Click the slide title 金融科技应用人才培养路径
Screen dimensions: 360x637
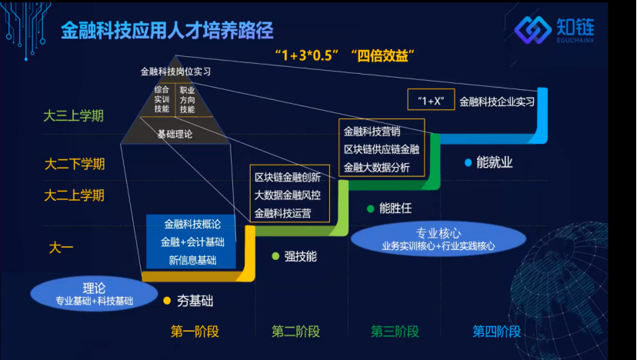[168, 30]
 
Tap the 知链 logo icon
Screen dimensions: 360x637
[532, 31]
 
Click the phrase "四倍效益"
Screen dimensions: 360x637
[382, 56]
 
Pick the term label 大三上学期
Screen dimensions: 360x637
[74, 116]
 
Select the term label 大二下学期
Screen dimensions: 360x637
[74, 164]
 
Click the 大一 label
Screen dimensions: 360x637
[61, 247]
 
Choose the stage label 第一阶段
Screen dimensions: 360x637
[195, 332]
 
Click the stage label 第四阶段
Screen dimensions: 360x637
[496, 332]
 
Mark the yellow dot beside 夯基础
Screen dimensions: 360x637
[167, 299]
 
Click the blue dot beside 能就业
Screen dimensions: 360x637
[467, 162]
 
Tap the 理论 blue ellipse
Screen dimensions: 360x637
[94, 293]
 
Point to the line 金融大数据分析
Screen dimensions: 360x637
[376, 167]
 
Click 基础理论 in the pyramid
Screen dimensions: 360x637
[175, 133]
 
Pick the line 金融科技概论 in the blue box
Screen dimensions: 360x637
[192, 224]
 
